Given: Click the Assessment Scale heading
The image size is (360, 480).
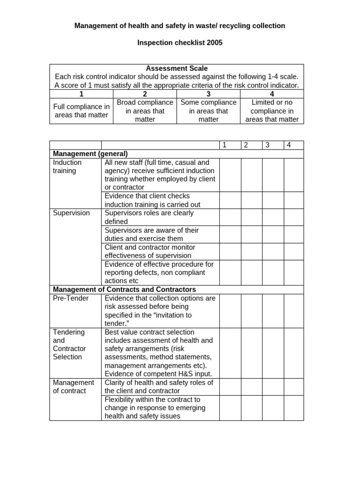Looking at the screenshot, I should coord(177,68).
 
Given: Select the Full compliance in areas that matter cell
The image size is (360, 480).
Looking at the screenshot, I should coord(81,111).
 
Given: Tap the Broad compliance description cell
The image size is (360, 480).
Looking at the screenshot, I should coord(145,111).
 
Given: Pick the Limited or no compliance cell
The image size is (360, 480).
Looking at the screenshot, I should coord(272,111).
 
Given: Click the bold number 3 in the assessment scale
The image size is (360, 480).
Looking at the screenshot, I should coord(209,94).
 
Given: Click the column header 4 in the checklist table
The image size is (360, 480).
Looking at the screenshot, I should coord(289,145).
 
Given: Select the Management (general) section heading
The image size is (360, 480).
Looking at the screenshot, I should coord(90,154).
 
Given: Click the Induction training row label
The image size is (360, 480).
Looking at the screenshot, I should coord(67,166).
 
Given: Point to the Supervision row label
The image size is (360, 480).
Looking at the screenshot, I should coord(71,213).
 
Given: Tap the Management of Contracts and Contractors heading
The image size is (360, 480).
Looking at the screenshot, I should coord(125,289).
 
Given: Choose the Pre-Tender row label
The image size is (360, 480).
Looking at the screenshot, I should coord(71,298).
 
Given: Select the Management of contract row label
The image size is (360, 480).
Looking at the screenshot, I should coord(74,387).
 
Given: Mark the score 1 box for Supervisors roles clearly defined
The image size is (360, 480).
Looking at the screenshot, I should coord(230,217).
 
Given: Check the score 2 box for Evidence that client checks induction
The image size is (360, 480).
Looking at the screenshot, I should coord(252,200).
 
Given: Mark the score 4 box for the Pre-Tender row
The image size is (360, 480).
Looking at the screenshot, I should coord(293,311).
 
